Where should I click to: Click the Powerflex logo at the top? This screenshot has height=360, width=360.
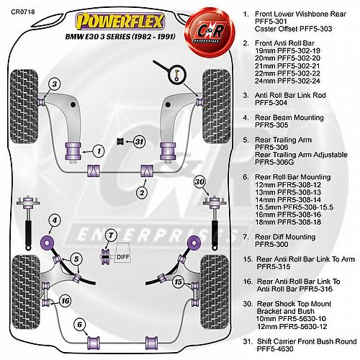[x=120, y=22]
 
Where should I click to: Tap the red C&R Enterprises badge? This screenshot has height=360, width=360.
[x=209, y=31]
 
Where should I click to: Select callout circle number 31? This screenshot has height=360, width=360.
[x=139, y=142]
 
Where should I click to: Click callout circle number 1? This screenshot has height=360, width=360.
[x=99, y=151]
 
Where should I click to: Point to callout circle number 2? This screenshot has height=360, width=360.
[x=142, y=192]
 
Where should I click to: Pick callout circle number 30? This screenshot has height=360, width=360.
[x=199, y=181]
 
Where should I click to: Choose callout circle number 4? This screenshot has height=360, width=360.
[x=55, y=220]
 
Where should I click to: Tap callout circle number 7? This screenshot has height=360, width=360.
[x=111, y=235]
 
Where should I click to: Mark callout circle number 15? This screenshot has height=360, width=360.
[x=179, y=282]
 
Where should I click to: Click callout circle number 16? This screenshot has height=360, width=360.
[x=65, y=301]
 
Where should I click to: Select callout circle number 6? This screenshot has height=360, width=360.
[x=80, y=325]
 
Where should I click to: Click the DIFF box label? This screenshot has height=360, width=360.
[x=123, y=257]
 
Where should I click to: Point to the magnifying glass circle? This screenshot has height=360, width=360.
[x=177, y=74]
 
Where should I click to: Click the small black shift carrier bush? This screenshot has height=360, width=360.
[x=120, y=141]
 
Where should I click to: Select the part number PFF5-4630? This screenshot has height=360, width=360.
[x=275, y=348]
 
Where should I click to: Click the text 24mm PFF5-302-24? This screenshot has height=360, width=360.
[x=287, y=81]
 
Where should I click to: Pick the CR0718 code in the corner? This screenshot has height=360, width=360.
[x=23, y=12]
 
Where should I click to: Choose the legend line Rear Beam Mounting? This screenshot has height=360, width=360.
[x=289, y=117]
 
